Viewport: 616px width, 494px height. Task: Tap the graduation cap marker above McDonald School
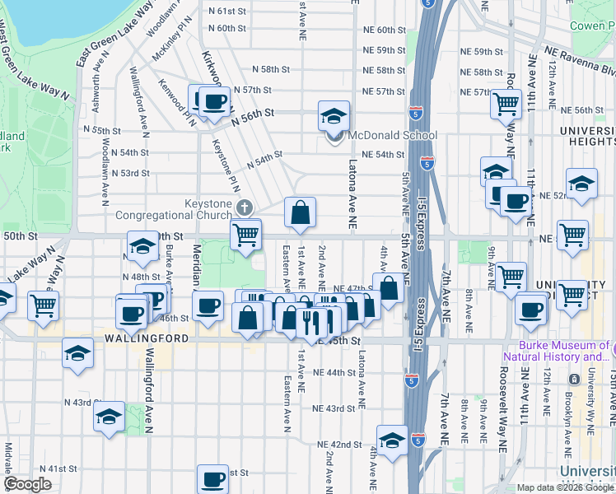coord(334,115)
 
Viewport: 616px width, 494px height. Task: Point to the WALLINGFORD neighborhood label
coord(138,338)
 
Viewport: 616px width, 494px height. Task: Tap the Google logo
coord(29,484)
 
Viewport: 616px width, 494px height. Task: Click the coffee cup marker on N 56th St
coord(216,102)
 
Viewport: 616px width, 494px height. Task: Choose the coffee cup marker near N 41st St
coord(213,479)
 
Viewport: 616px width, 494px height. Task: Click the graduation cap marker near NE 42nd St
coord(393,440)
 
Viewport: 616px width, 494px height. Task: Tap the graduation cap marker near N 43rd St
coord(108,417)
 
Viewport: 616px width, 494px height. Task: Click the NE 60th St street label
coord(385,30)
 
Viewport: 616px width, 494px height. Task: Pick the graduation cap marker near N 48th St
coord(142,245)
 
